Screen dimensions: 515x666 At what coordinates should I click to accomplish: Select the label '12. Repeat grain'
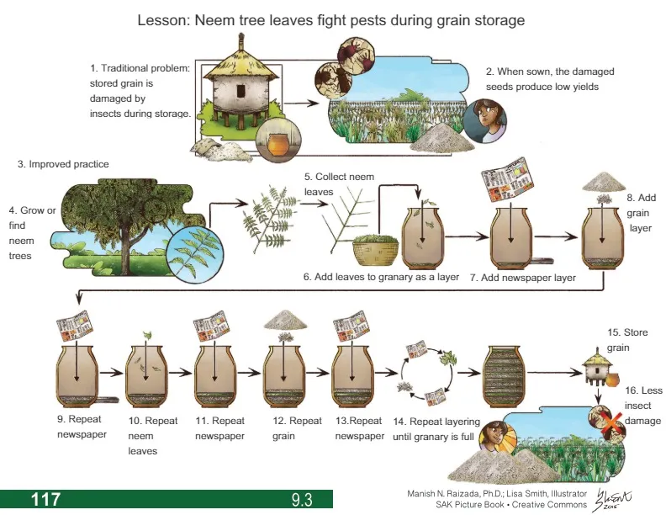pos(296,427)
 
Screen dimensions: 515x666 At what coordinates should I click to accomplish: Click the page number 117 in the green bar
pos(45,499)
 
